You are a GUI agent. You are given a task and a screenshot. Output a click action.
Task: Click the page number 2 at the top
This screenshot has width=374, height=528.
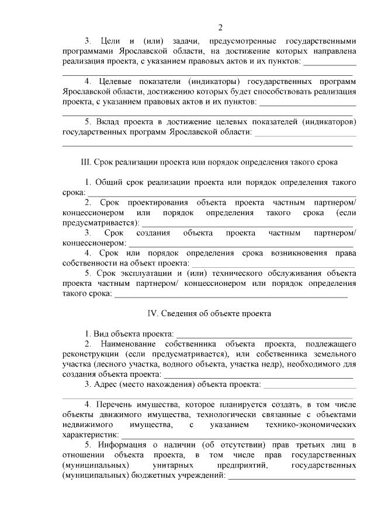(x=220, y=27)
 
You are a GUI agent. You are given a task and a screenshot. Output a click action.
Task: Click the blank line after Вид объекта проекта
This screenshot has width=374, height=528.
(x=264, y=335)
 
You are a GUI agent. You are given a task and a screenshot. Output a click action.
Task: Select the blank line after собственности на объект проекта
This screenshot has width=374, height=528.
(x=268, y=264)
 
